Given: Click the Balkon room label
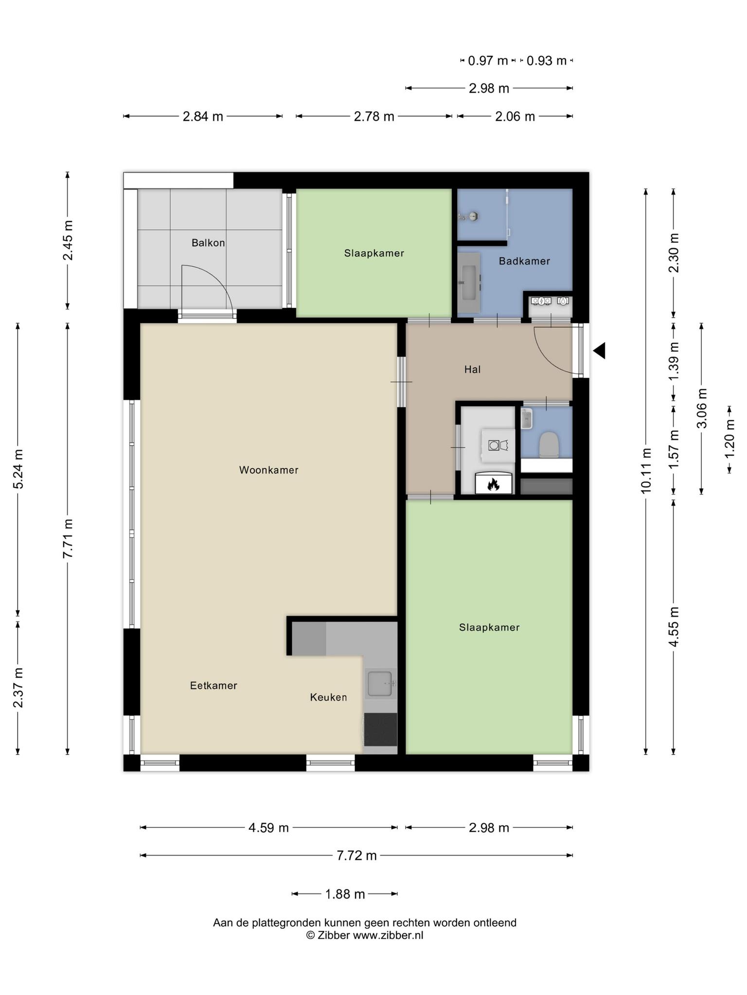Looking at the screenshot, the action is pos(208,243).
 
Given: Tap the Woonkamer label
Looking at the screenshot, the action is pos(268,470).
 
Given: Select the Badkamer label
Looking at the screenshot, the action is pos(524,261).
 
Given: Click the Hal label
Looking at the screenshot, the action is pos(472,370).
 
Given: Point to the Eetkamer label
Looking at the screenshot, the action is pos(213,686).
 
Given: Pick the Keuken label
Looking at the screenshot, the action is pos(328,698).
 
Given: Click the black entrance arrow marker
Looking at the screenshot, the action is pos(599,350).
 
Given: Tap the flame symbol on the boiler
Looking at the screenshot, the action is pos(493,484).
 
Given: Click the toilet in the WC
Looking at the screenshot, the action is pos(549,445).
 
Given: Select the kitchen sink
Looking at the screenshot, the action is pos(380,684).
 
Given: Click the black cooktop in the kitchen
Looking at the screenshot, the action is pos(380,729).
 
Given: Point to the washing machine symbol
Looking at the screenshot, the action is pos(498,445).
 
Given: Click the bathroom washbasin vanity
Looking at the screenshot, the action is pos(469,283).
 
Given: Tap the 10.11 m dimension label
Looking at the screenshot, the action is pos(646,471).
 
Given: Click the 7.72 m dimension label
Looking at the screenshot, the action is pos(357,856).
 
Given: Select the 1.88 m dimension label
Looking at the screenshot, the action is pos(345,894).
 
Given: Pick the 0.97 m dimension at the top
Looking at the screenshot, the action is pos(488,61).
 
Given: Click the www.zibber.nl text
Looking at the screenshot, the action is pos(388,936).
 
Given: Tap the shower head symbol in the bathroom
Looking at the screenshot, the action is pos(470,217).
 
